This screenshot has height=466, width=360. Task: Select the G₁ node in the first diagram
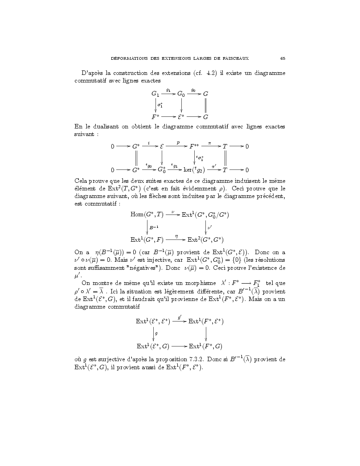[x=155, y=94]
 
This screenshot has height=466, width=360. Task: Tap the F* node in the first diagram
[x=155, y=117]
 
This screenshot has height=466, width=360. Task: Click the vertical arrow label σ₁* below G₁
[x=160, y=106]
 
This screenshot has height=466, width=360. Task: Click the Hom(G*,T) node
[x=147, y=215]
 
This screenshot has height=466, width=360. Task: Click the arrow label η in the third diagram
[x=177, y=235]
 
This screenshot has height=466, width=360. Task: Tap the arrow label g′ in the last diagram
[x=179, y=318]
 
